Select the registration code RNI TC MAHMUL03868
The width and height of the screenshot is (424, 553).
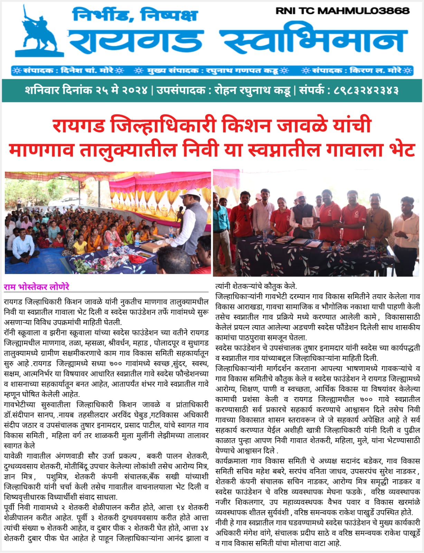(342, 11)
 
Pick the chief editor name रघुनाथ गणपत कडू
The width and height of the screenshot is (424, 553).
(242, 71)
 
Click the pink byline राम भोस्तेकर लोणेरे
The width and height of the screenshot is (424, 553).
(37, 287)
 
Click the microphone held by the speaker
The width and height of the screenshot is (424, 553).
(180, 212)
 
